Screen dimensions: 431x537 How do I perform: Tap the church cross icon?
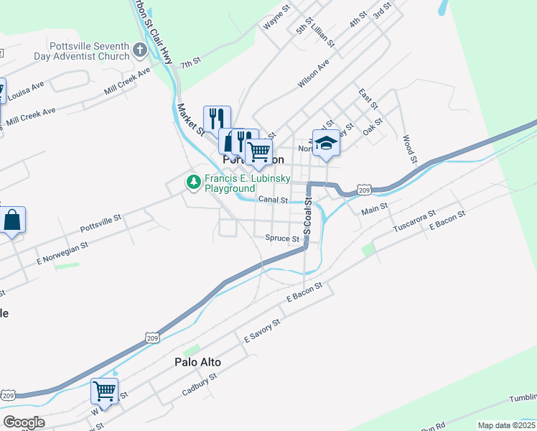tap(140, 51)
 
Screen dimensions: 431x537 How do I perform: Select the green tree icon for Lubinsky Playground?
tap(193, 182)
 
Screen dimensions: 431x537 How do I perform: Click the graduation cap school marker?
tap(326, 142)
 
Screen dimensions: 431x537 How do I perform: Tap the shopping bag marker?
tap(13, 220)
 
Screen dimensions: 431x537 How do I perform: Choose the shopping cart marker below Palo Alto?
tap(105, 392)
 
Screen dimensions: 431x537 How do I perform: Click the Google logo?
tap(24, 422)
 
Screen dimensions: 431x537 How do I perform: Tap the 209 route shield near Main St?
tap(364, 190)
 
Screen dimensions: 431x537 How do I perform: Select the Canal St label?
tap(273, 200)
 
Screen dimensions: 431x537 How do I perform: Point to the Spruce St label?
tap(282, 238)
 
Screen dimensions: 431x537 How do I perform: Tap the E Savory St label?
tap(261, 331)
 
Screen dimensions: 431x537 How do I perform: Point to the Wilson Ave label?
tap(314, 73)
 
